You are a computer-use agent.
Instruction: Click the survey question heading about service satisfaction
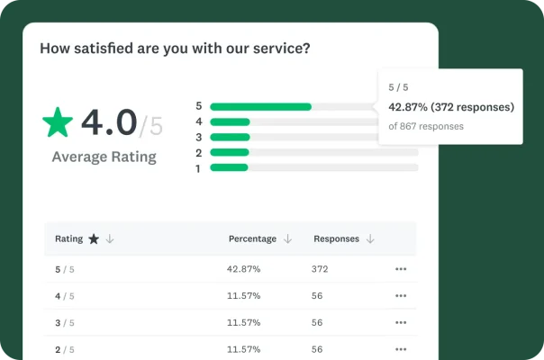[x=175, y=49]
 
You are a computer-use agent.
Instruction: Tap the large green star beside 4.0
[x=59, y=122]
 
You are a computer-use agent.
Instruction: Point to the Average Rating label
[x=104, y=157]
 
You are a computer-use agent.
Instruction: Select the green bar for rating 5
[x=260, y=106]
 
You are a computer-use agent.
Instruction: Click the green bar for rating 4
[x=230, y=121]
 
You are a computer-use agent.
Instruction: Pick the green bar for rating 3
[x=229, y=137]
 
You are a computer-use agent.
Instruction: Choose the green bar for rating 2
[x=229, y=152]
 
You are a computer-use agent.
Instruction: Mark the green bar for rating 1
[x=229, y=167]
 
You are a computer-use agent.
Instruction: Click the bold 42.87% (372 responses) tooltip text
[x=450, y=107]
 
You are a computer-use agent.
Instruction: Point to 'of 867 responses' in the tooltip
[x=426, y=126]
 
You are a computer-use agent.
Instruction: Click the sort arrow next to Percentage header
[x=288, y=239]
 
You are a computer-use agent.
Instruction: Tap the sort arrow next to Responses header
[x=370, y=239]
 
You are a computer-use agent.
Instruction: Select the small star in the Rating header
[x=93, y=239]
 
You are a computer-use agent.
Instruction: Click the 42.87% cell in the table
[x=243, y=269]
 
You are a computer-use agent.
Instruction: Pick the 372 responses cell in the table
[x=321, y=269]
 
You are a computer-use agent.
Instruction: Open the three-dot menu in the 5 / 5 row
[x=401, y=269]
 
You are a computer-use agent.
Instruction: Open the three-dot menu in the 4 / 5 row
[x=401, y=295]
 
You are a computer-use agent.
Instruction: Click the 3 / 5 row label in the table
[x=65, y=322]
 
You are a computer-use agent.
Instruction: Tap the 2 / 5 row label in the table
[x=65, y=348]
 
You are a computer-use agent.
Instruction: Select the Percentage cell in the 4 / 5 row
[x=243, y=295]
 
